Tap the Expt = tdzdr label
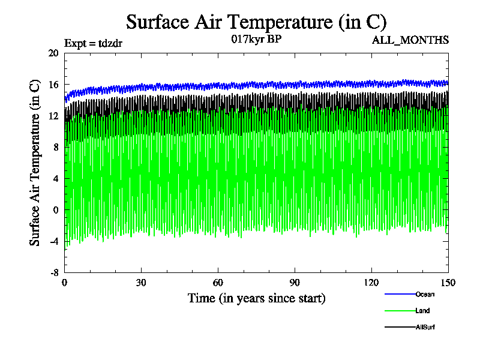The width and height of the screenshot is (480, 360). point(93,43)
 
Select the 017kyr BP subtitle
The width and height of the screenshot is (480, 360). point(256,40)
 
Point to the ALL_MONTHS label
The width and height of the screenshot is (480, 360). point(410,40)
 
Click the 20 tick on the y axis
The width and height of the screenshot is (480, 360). point(53,53)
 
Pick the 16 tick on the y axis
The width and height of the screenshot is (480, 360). point(53,85)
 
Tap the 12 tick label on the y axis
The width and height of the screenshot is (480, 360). point(53,116)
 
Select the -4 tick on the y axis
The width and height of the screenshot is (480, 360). point(53,241)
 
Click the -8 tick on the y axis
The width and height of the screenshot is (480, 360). point(53,272)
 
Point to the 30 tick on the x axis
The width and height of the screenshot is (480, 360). point(142,283)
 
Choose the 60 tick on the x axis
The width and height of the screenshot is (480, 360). point(218,283)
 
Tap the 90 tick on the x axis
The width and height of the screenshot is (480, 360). point(295,283)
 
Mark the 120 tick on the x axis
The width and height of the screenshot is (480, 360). point(371,283)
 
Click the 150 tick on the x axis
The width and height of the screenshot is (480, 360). point(448,283)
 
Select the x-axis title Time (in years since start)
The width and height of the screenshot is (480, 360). point(256,298)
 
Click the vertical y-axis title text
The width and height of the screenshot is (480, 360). point(35,163)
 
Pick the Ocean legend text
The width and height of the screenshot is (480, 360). point(424,294)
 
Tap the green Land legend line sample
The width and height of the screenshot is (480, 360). point(399,311)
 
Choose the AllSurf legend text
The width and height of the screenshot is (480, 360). point(425,327)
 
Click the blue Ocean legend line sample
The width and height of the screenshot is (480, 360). point(399,294)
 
